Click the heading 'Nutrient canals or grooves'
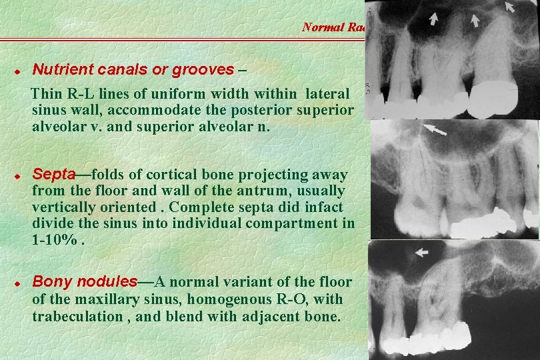[133, 69]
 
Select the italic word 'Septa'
[53, 175]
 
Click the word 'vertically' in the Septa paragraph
[62, 207]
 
